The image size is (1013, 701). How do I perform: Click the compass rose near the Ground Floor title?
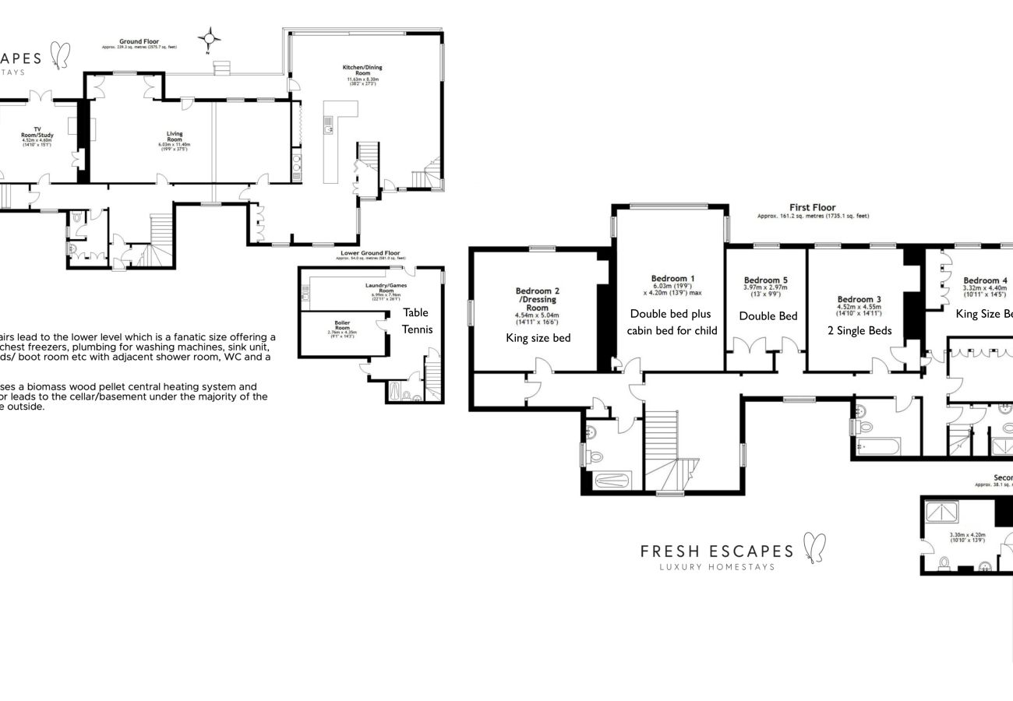pyautogui.click(x=209, y=38)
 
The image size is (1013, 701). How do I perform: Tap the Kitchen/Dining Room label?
pyautogui.click(x=362, y=70)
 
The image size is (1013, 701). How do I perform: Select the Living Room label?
pyautogui.click(x=175, y=136)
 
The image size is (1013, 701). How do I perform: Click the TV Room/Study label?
pyautogui.click(x=37, y=132)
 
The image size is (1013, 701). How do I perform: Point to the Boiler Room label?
pyautogui.click(x=342, y=325)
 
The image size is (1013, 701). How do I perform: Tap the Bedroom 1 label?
pyautogui.click(x=672, y=278)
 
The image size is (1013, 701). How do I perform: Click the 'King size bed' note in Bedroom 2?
pyautogui.click(x=538, y=338)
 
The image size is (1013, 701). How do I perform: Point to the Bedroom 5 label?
pyautogui.click(x=765, y=280)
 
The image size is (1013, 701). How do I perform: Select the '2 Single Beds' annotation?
pyautogui.click(x=859, y=330)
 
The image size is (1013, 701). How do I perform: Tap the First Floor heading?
pyautogui.click(x=812, y=207)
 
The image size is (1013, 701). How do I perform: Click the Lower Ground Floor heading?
pyautogui.click(x=370, y=253)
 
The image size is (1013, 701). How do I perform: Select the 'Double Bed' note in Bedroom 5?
pyautogui.click(x=768, y=316)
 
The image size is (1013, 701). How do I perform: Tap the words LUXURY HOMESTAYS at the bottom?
pyautogui.click(x=717, y=567)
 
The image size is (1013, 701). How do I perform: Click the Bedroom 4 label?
pyautogui.click(x=985, y=280)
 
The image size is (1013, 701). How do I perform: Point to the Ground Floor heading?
pyautogui.click(x=139, y=41)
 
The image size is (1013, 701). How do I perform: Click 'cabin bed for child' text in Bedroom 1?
pyautogui.click(x=672, y=330)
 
